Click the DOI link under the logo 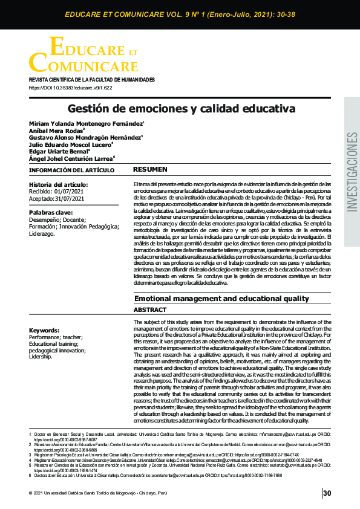(x=71, y=88)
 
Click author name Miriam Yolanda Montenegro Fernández (x=86, y=123)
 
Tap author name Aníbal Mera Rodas (x=56, y=130)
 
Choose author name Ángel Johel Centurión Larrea (x=71, y=158)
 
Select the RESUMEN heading (x=149, y=169)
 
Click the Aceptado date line (x=59, y=198)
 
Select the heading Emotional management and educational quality (x=221, y=299)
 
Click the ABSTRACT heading (x=150, y=310)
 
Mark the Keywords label (x=45, y=330)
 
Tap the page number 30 (x=327, y=494)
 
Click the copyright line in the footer (x=96, y=494)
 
